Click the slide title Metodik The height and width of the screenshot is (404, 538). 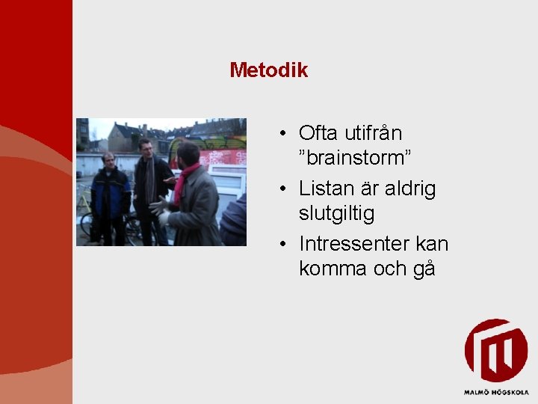click(x=268, y=70)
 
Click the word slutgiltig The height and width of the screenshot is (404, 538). click(x=336, y=213)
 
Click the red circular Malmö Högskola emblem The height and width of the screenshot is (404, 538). click(x=495, y=351)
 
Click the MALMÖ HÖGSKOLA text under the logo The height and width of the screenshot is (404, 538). click(x=495, y=391)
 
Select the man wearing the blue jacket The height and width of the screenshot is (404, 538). click(x=110, y=198)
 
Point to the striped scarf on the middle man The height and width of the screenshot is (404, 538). click(x=149, y=180)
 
